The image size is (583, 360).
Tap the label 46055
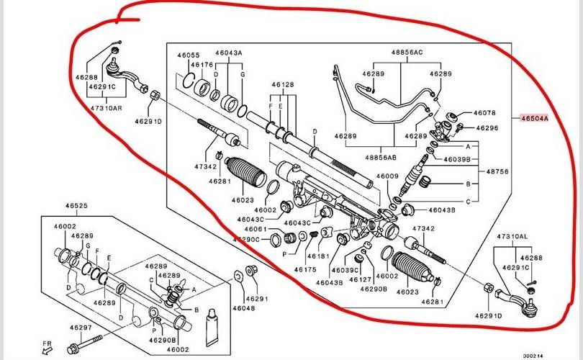(189, 54)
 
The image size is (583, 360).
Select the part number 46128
(282, 85)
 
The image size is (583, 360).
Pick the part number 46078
(484, 113)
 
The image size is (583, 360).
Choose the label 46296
(487, 128)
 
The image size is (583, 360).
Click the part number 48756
(498, 172)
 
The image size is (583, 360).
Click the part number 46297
(81, 328)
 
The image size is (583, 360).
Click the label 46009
(387, 176)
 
